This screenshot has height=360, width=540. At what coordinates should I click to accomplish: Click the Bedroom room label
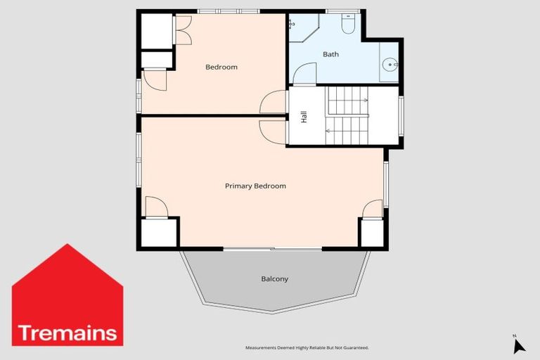221,67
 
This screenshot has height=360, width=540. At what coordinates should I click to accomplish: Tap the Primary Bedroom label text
255,186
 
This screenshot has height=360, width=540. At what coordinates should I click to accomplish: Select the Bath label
330,54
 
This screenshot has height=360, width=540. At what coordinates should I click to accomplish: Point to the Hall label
304,117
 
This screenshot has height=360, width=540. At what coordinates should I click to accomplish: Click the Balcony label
274,279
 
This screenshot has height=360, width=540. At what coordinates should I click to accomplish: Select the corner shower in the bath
302,27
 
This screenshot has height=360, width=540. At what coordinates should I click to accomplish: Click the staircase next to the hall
347,116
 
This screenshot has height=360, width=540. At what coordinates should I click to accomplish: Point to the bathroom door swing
304,74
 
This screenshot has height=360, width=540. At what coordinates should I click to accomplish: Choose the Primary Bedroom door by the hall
273,131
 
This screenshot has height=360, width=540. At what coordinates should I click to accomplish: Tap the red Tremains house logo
67,296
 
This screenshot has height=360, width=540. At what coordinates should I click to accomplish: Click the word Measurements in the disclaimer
260,348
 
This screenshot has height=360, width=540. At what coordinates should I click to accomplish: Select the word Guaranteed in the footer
354,348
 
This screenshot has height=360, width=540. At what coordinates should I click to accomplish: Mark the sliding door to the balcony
273,249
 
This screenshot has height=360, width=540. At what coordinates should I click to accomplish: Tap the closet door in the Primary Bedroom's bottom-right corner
373,209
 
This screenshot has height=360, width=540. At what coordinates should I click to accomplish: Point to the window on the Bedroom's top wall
228,11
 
